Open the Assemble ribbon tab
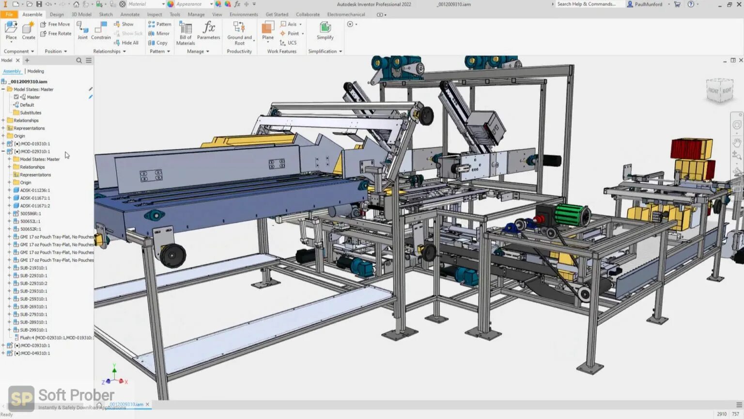[x=32, y=15]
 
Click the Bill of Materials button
[x=186, y=33]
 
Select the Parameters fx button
[x=209, y=31]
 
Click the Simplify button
[x=325, y=31]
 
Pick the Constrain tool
[x=101, y=31]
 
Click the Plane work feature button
[x=268, y=31]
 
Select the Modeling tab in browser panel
[x=35, y=71]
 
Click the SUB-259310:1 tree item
[x=33, y=299]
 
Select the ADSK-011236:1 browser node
[x=35, y=190]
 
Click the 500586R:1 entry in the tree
[x=31, y=213]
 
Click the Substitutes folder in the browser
[x=31, y=113]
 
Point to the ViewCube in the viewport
[x=720, y=91]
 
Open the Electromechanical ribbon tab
[x=346, y=15]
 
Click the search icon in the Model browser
[x=79, y=61]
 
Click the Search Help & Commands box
[x=587, y=4]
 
